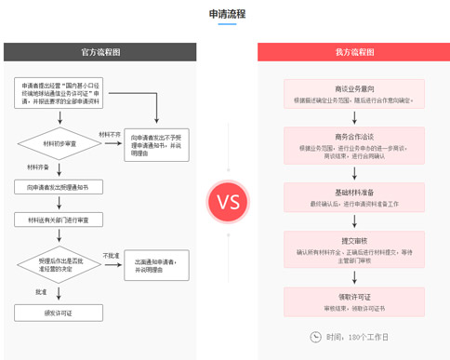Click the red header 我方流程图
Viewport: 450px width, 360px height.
tap(354, 52)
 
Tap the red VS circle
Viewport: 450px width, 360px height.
tap(228, 201)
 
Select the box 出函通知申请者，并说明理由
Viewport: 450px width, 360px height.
tap(156, 265)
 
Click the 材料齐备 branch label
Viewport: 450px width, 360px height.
tap(38, 167)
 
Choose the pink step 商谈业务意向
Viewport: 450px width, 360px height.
tap(353, 89)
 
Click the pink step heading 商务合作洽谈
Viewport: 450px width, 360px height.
tap(353, 136)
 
